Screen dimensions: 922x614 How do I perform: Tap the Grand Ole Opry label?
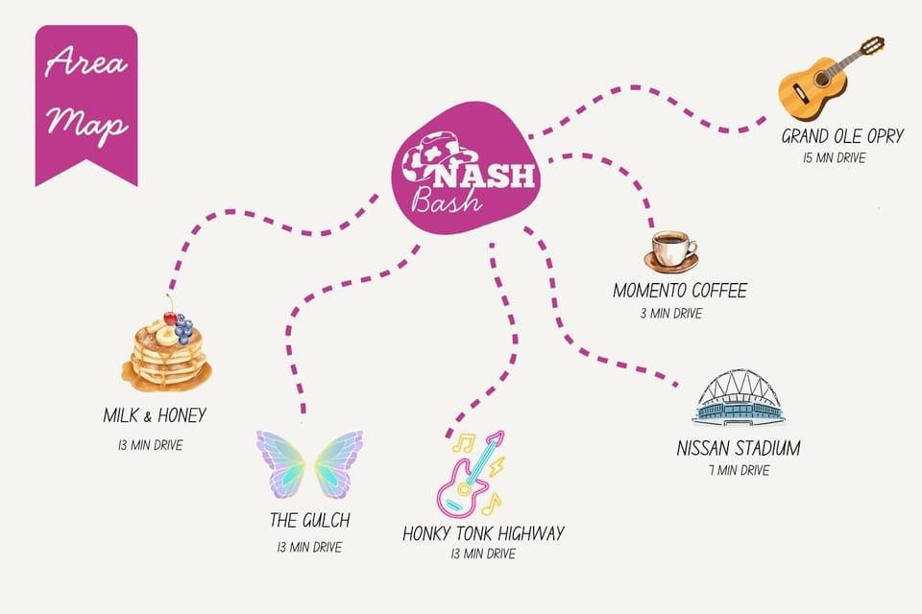[842, 136]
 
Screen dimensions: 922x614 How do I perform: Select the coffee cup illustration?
[671, 252]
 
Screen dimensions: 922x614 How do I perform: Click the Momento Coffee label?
[680, 291]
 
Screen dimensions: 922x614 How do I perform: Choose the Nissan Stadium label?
[739, 448]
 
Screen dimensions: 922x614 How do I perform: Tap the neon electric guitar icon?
[471, 474]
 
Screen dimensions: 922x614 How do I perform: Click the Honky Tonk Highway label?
[483, 533]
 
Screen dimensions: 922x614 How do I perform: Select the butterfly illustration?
[309, 464]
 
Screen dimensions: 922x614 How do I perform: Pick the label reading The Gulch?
[310, 520]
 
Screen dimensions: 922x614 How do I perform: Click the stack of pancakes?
[166, 352]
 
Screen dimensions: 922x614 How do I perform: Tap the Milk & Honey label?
[155, 415]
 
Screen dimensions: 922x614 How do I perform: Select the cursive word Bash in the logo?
[447, 201]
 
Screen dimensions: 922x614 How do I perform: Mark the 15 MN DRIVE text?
[835, 157]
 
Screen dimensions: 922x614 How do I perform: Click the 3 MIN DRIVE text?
[671, 313]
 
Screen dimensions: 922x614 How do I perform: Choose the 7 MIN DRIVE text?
[740, 470]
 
